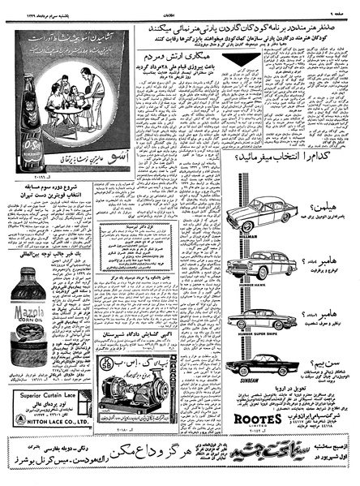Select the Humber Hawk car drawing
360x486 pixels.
252,267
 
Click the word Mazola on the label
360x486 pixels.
29,308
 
